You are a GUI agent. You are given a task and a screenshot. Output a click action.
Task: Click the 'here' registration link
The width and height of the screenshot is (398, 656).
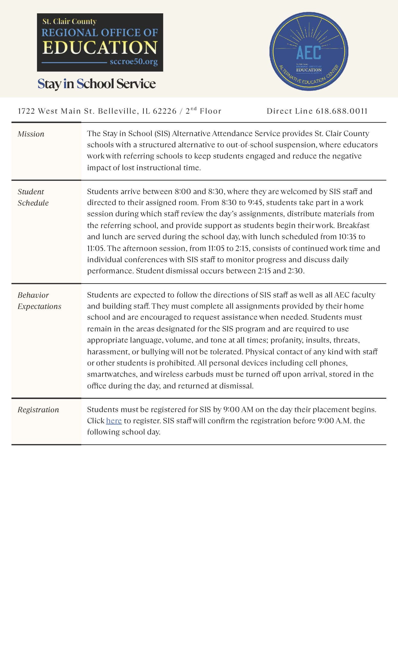pos(114,421)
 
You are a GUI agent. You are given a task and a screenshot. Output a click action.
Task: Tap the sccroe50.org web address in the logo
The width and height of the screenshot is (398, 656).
pos(133,62)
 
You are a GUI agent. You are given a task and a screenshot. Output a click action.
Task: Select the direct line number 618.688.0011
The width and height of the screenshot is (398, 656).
pos(342,111)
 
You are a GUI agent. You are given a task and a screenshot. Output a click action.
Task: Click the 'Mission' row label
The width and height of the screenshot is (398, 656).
pos(31,134)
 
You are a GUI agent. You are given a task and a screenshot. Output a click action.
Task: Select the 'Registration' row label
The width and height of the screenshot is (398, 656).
pos(38,410)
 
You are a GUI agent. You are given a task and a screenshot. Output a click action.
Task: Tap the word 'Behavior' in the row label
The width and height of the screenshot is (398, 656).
pos(33,295)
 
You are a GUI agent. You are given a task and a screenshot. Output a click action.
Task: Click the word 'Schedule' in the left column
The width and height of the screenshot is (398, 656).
pos(33,203)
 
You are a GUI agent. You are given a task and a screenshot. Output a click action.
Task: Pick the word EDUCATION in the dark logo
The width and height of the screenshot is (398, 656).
pos(100,47)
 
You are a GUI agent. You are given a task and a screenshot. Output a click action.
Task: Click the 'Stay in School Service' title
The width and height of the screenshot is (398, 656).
pos(96,84)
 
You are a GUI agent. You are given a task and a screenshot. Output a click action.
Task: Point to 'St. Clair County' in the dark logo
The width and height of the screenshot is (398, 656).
pos(69,21)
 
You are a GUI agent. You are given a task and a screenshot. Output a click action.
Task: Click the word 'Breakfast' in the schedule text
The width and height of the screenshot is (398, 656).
pos(353,225)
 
